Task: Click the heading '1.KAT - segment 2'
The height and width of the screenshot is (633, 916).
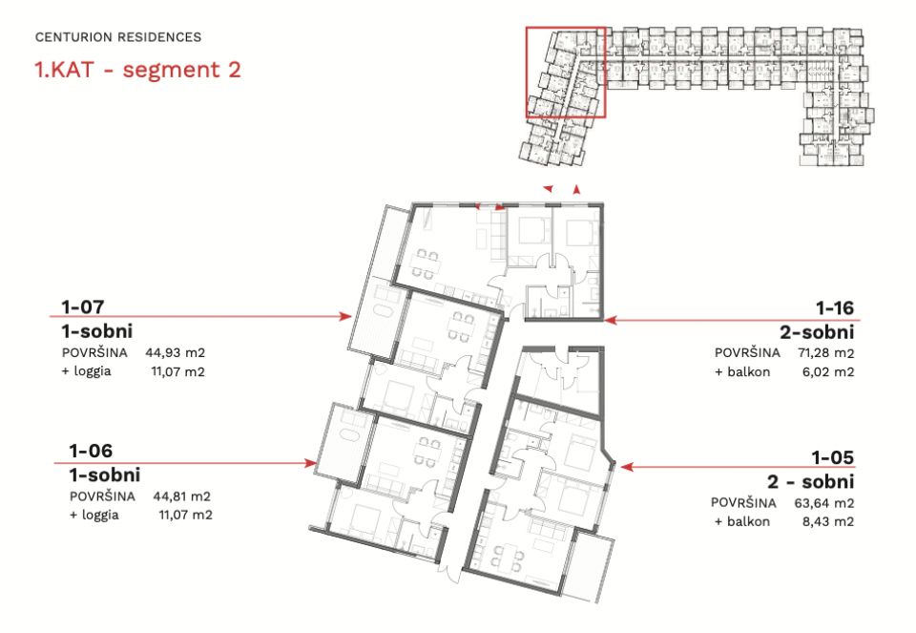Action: (x=137, y=70)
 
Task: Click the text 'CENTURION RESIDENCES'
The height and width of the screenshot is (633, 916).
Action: (x=118, y=37)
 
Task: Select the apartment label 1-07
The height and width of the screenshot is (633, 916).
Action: (x=83, y=306)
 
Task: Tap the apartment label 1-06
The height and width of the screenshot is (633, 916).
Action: (x=91, y=451)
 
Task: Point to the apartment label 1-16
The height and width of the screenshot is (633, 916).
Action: (x=835, y=308)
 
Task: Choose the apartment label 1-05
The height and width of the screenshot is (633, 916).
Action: (x=832, y=457)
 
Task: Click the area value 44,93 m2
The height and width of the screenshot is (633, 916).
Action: (x=176, y=353)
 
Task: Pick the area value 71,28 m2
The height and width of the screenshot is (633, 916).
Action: (x=826, y=353)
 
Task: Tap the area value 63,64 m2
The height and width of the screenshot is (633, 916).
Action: (x=824, y=502)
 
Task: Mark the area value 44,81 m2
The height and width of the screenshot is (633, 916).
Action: (x=181, y=496)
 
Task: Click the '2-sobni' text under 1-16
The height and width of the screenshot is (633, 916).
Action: (x=817, y=332)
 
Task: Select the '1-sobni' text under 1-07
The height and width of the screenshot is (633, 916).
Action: (x=97, y=331)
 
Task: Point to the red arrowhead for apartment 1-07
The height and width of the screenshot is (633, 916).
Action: (x=345, y=317)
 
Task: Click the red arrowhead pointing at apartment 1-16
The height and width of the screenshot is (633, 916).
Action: (x=611, y=320)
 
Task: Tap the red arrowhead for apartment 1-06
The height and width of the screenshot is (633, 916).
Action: (x=311, y=463)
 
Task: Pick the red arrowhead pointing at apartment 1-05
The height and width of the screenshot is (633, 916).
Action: (x=627, y=467)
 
